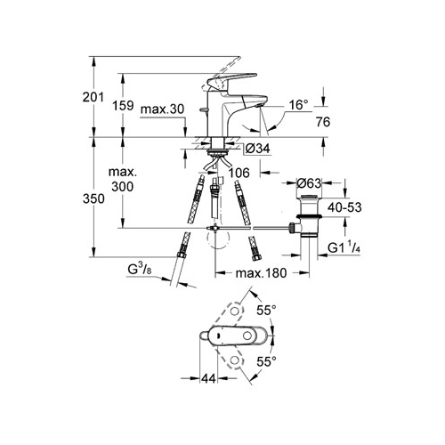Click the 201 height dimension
pos(93,97)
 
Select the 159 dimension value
pos(123,105)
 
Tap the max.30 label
pos(162,109)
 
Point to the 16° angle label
pos(298,105)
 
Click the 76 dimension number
pos(323,122)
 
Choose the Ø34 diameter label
pos(258,148)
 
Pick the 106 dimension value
pos(239,173)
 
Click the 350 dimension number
pos(93,198)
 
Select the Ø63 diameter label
pos(309,183)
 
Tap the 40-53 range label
pos(344,207)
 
